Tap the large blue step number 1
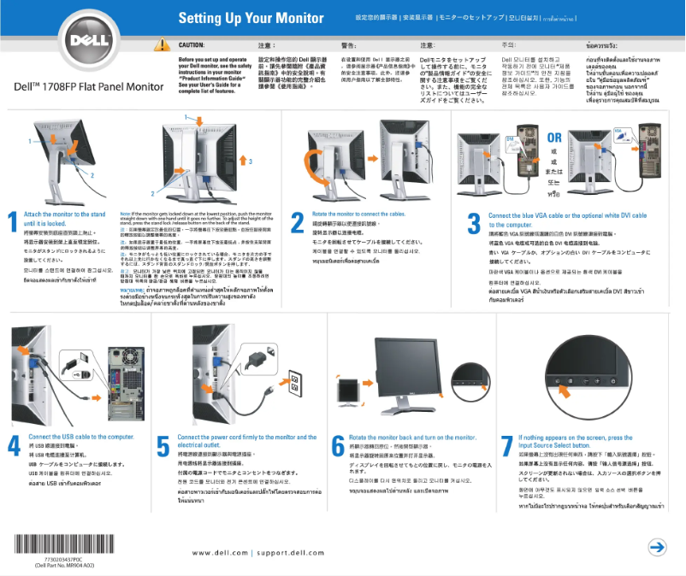pos(13,222)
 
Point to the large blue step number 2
pos(297,222)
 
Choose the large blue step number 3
pos(473,223)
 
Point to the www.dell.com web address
pos(220,552)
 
